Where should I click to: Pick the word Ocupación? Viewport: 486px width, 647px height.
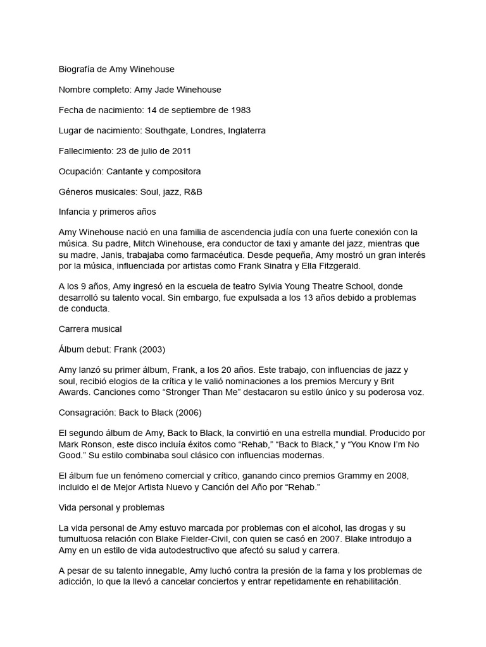point(80,171)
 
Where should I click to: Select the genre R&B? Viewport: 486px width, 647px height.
point(190,191)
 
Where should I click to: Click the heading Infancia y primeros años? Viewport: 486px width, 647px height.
point(107,212)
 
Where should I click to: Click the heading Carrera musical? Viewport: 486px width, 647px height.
point(90,329)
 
